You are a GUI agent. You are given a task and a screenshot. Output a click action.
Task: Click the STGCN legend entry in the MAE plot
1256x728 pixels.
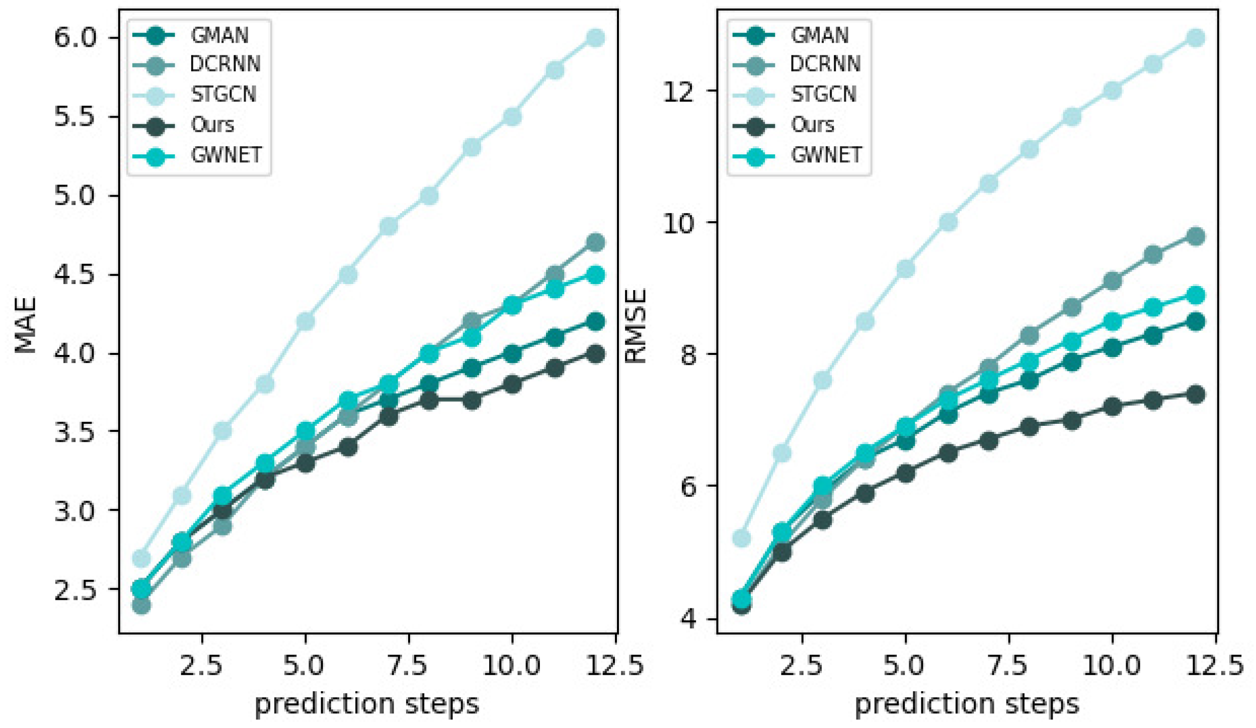click(223, 95)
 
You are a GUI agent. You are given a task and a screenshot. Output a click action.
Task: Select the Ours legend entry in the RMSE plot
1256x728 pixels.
click(812, 125)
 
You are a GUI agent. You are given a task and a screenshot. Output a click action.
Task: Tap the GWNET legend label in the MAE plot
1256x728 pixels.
click(226, 155)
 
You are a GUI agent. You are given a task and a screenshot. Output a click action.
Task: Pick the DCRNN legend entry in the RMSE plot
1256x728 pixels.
click(825, 64)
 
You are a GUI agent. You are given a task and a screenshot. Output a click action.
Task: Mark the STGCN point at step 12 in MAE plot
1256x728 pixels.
click(595, 38)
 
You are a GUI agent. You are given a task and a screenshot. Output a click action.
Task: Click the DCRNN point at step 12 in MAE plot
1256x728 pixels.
click(595, 242)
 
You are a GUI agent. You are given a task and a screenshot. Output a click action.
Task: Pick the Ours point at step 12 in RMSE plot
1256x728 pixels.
click(1196, 395)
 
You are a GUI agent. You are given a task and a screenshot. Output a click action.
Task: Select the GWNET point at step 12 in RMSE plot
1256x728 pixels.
click(1196, 295)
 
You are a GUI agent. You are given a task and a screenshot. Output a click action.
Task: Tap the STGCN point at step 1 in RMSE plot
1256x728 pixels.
click(741, 539)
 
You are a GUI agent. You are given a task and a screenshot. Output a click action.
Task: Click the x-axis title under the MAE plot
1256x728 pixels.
click(366, 704)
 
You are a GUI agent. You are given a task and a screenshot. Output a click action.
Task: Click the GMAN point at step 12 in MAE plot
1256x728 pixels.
click(595, 322)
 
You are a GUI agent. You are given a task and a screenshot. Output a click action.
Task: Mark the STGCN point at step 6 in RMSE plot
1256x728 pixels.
click(948, 222)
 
